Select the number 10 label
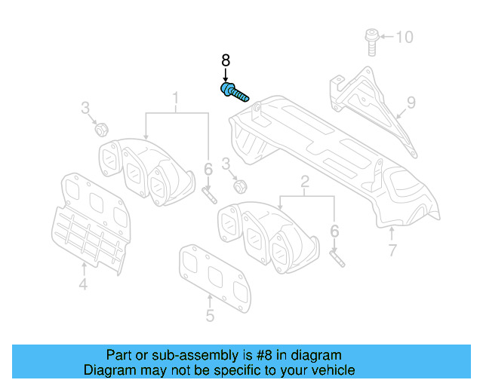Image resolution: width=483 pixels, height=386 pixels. tap(405, 37)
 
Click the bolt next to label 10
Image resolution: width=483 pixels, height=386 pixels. tap(371, 40)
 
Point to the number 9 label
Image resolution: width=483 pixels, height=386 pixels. tap(411, 102)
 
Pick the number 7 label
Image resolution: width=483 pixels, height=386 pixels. tap(392, 250)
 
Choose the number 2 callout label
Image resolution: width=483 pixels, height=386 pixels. tap(305, 181)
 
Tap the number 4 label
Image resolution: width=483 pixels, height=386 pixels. tap(83, 284)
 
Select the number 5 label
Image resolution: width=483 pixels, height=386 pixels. tap(210, 316)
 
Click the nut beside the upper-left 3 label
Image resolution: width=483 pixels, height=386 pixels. tap(101, 129)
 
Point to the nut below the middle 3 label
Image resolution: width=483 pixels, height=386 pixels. tap(240, 185)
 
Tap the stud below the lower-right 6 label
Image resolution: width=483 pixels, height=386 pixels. tap(337, 258)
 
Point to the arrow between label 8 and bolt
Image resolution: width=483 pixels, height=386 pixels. tap(225, 75)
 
